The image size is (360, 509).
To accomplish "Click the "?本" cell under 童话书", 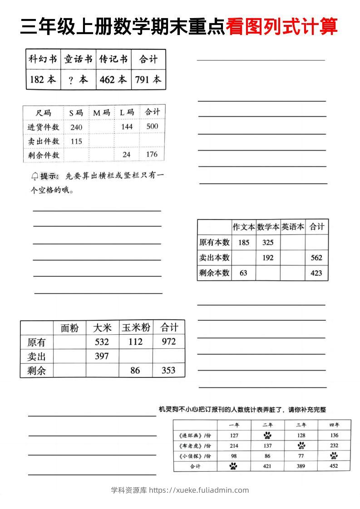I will coord(78,79).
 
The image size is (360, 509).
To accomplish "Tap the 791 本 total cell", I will coord(148,79).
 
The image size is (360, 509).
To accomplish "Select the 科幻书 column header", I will coord(43,59).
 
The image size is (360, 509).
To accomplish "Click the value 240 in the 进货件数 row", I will coord(76,127).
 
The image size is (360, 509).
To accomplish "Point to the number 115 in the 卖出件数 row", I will coord(76,141).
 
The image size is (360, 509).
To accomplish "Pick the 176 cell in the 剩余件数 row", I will coord(152,154).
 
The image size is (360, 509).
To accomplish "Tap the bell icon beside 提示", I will coord(35,176).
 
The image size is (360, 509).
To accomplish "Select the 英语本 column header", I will coord(292,227).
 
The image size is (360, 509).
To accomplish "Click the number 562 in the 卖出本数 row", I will coord(316,258).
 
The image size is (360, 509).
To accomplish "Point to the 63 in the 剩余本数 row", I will coord(244,273).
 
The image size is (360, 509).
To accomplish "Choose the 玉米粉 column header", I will coord(136,328).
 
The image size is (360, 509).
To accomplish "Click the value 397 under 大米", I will coord(102,356).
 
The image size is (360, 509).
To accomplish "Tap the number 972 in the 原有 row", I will coord(168,342).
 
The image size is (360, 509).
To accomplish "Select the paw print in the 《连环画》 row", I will coord(267,436).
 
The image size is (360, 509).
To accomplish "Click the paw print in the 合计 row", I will coord(233,466).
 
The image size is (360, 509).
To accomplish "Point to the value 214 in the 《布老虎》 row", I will coord(234,446).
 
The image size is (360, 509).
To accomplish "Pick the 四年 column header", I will coord(334,425).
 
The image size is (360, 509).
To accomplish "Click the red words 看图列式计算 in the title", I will coord(281,26).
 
